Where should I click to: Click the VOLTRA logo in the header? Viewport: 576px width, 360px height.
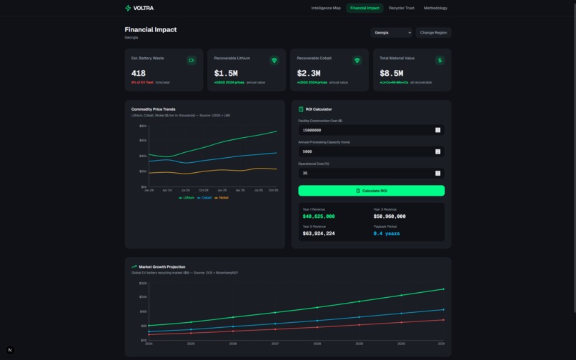139,8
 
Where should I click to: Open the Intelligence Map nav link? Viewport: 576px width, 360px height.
326,8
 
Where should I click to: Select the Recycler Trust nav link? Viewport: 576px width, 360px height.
401,8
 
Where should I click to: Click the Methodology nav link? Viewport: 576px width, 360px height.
435,8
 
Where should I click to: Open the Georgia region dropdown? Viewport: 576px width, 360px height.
391,32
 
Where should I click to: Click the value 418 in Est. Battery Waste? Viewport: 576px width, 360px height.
139,73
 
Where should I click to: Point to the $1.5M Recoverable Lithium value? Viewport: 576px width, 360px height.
226,73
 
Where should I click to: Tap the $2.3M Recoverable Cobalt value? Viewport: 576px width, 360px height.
309,73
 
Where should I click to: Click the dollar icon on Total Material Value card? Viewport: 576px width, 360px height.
440,60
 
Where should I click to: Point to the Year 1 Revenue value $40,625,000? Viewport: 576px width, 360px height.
319,216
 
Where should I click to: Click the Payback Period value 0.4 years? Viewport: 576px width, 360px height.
387,234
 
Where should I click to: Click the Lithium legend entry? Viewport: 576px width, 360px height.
187,198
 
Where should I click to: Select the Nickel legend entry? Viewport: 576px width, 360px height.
222,198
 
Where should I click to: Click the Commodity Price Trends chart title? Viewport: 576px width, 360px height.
153,109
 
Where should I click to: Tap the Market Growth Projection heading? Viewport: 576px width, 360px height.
162,266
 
